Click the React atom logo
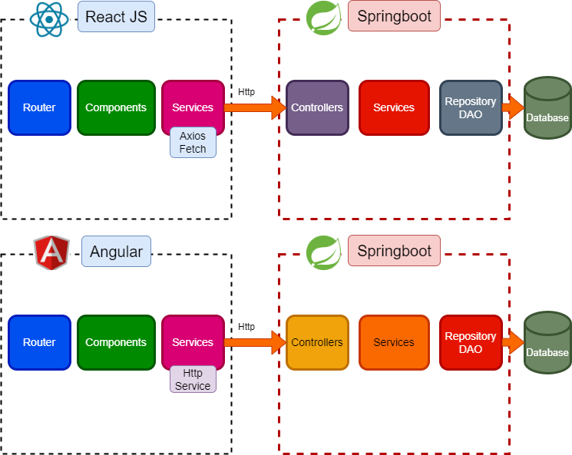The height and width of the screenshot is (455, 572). pos(49,18)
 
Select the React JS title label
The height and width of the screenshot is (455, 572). pos(116,17)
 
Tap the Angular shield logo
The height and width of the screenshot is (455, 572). pos(51,252)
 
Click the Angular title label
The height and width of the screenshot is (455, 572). pos(116,252)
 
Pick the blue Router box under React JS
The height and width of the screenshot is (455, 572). pos(39,108)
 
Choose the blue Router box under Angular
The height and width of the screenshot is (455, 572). pos(39,343)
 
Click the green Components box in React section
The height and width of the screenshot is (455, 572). pos(116,108)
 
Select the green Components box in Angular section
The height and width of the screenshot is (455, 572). pos(116,343)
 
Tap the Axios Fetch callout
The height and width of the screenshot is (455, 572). pos(193,143)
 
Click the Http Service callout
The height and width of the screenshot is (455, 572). pos(193,380)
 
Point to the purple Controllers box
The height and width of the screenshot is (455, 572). pos(317,108)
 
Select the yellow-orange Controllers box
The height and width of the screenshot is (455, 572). pos(317,343)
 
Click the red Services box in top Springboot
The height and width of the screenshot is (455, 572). pos(394,108)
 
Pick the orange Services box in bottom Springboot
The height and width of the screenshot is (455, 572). pos(394,343)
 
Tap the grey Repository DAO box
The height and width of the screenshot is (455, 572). pos(471,108)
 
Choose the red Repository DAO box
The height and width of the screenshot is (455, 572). pos(471,343)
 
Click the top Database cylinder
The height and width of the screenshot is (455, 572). pos(547,108)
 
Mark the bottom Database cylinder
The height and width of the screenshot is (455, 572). pos(547,343)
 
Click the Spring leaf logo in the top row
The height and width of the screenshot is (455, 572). pos(324,18)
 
